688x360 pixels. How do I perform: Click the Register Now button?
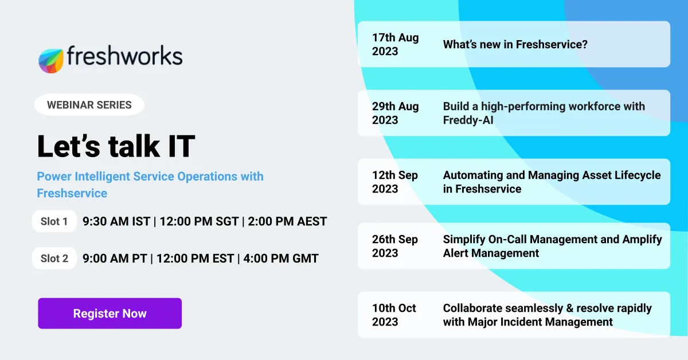[x=110, y=314]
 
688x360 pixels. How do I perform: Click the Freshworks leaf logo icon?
[x=51, y=60]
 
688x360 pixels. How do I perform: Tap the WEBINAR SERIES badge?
[x=89, y=105]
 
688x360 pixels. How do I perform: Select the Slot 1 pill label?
[x=54, y=221]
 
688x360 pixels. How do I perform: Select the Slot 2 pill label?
[x=54, y=259]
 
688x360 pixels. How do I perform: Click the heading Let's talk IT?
[x=116, y=146]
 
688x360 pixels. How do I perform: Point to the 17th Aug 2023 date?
[x=396, y=44]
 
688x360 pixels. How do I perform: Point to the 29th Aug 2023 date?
[x=396, y=113]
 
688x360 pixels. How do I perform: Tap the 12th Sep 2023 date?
[x=395, y=182]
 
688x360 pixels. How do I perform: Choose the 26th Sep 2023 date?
[x=395, y=246]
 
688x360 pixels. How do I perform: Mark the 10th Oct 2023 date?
[x=394, y=315]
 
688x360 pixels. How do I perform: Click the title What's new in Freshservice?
[x=515, y=44]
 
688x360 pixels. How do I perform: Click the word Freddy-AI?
[x=468, y=120]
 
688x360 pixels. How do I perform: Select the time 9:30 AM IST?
[x=116, y=221]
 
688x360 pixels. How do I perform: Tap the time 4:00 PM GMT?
[x=280, y=259]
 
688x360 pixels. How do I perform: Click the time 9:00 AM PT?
[x=115, y=259]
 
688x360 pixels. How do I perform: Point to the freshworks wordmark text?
[x=124, y=56]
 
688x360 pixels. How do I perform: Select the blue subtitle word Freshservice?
[x=72, y=193]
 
